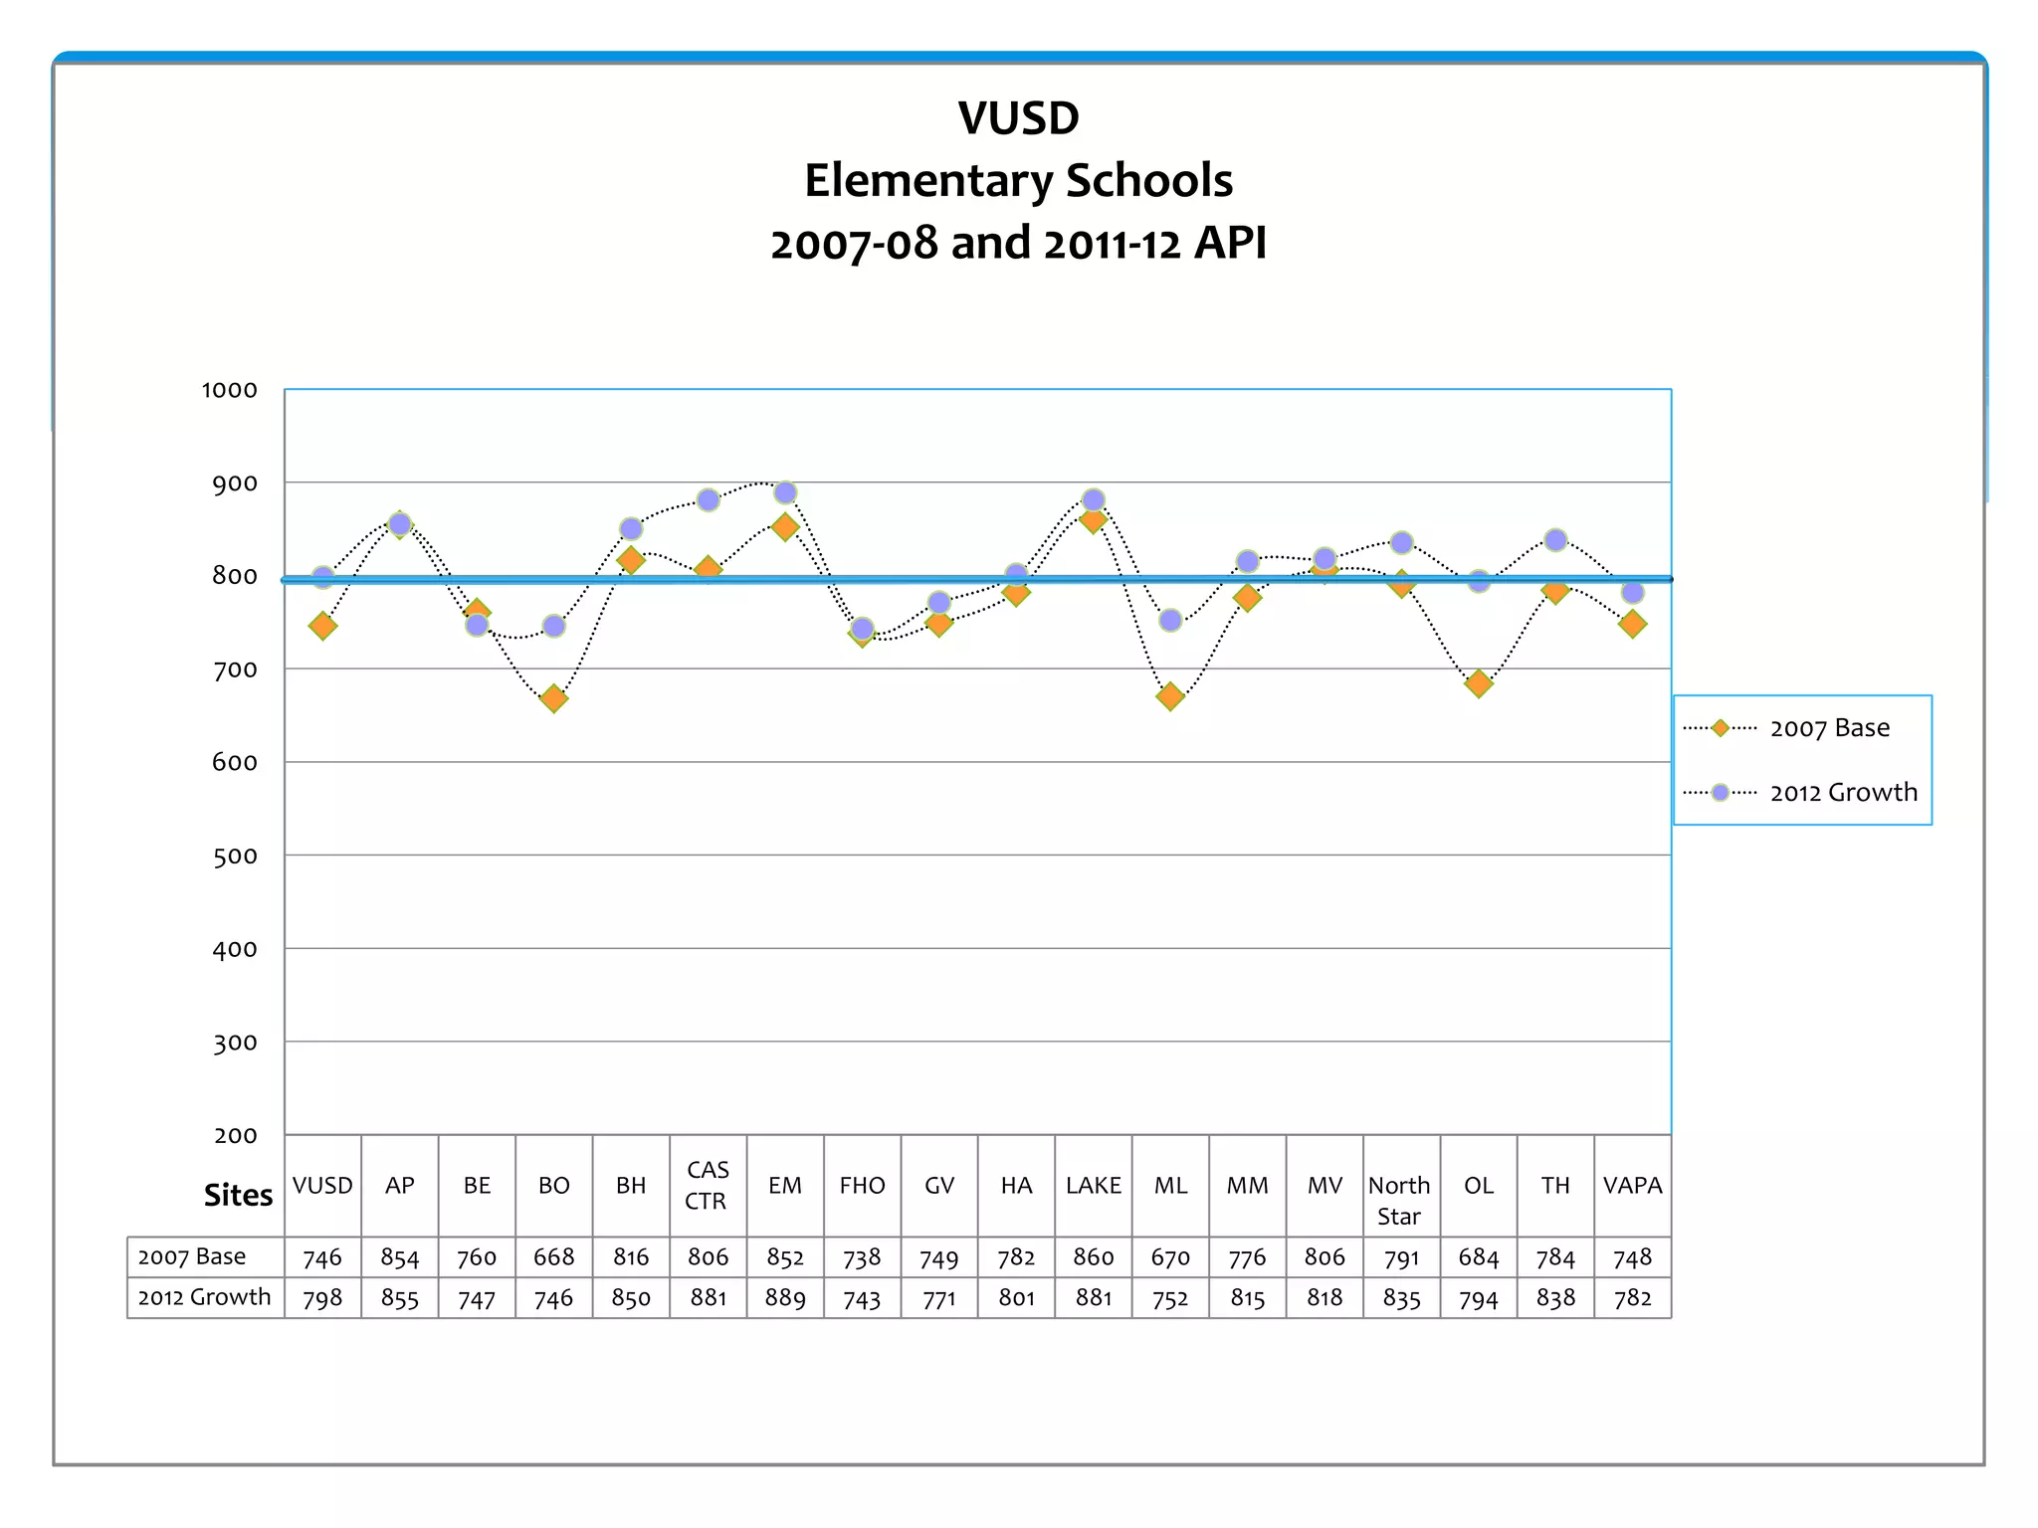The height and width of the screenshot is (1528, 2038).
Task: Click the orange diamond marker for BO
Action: click(554, 698)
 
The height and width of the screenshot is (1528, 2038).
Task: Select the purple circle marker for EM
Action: click(785, 493)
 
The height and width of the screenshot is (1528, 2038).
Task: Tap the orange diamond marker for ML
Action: click(1170, 696)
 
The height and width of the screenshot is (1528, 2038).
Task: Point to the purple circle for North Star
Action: click(1401, 543)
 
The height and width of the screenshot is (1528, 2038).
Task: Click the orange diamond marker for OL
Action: click(1479, 683)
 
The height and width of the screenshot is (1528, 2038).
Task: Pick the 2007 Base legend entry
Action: click(1801, 728)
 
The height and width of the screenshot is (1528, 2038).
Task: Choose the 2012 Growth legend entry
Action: click(1801, 793)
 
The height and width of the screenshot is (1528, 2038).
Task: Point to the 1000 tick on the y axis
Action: click(230, 390)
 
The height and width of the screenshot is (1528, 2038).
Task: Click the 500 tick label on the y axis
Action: click(235, 857)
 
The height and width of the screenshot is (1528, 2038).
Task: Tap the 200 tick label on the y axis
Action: click(236, 1136)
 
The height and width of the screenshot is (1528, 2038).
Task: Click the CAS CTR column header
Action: click(708, 1186)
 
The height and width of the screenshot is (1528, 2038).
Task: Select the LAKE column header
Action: click(1093, 1186)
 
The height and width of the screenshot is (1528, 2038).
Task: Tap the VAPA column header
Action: click(1632, 1186)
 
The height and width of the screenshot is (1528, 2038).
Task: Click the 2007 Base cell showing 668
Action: click(554, 1257)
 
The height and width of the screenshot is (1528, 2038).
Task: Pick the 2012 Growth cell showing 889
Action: click(785, 1298)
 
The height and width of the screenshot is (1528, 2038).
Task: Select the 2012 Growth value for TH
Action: click(1555, 1298)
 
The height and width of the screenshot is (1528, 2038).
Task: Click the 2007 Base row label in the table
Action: click(192, 1256)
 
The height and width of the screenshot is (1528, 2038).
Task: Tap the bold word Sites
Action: click(238, 1195)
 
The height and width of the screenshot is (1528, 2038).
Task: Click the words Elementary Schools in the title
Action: click(1018, 181)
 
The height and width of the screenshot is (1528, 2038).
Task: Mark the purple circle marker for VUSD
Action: click(322, 578)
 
